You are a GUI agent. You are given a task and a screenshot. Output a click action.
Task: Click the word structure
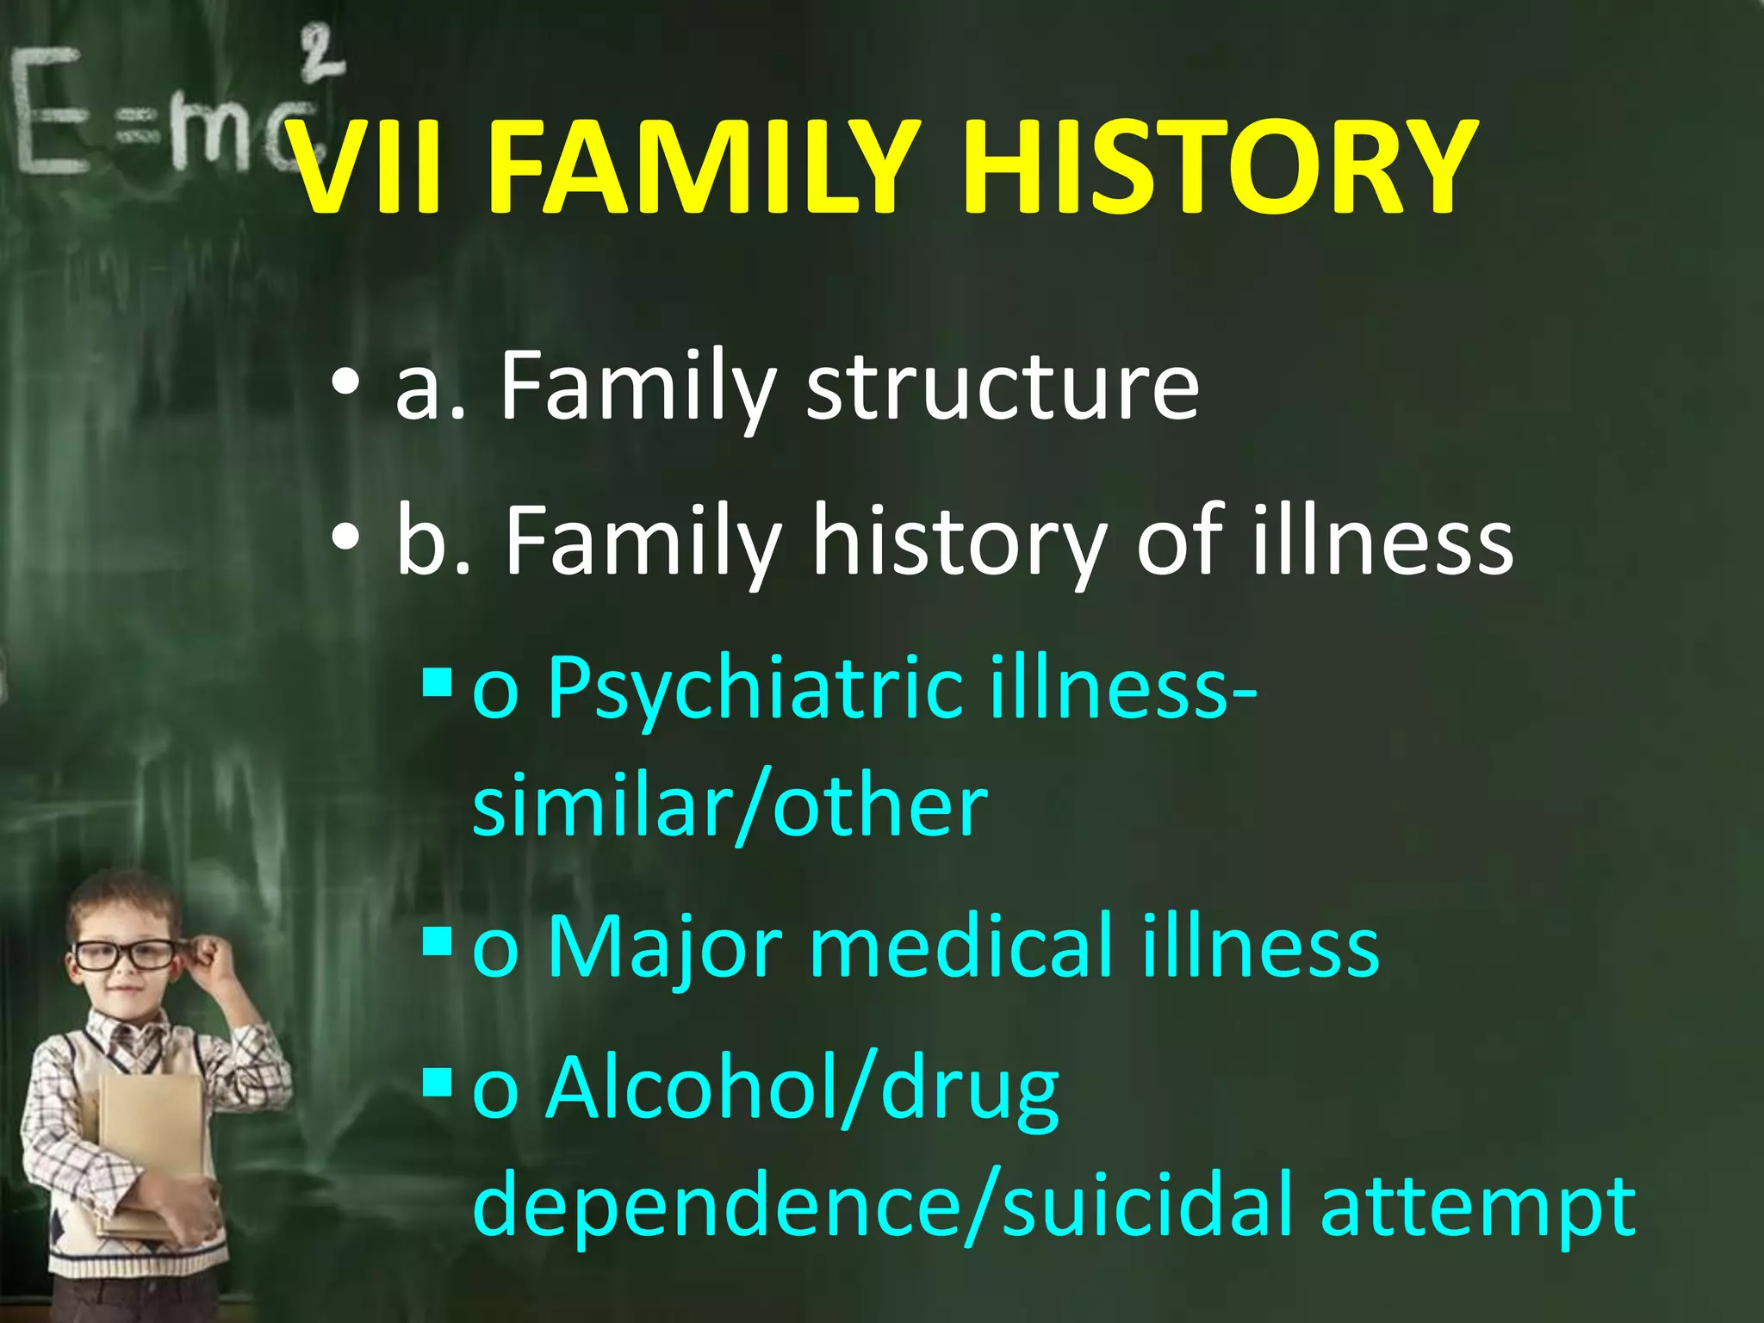click(1002, 387)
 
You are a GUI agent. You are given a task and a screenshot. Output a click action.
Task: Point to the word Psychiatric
click(755, 688)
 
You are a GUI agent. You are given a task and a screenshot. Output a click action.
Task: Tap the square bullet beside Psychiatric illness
click(438, 682)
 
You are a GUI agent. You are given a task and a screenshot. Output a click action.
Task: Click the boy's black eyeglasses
click(125, 954)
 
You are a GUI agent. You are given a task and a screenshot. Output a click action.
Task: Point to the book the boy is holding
click(151, 1128)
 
